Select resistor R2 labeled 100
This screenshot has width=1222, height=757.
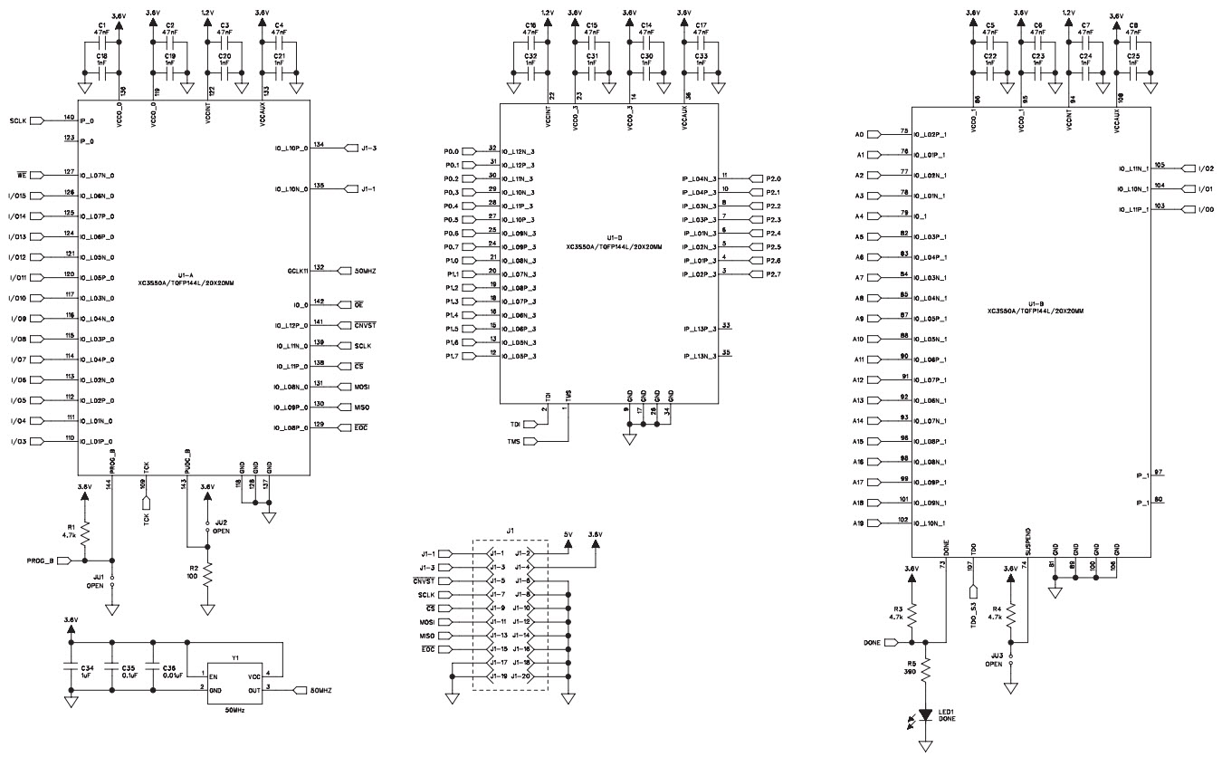click(x=207, y=573)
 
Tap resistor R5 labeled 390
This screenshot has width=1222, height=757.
click(x=925, y=668)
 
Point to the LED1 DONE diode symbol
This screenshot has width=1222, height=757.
click(x=925, y=714)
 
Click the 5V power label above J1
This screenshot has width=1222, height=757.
click(x=568, y=534)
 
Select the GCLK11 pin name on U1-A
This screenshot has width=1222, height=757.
click(x=298, y=271)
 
